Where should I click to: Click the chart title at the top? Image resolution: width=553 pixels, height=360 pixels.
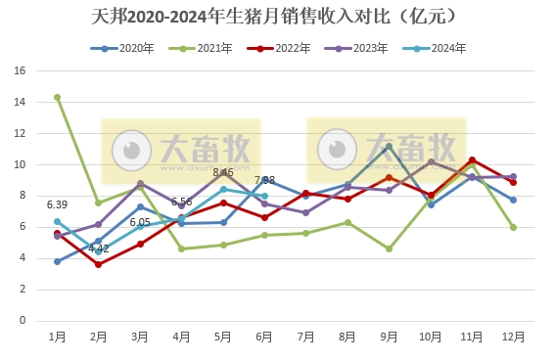click(x=277, y=17)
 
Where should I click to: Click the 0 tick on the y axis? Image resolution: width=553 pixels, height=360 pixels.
click(x=22, y=320)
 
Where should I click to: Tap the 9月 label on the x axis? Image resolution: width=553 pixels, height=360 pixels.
click(x=389, y=336)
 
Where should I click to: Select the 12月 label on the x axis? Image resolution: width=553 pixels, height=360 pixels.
click(x=513, y=336)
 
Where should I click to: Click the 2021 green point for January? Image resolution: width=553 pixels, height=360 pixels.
click(x=58, y=98)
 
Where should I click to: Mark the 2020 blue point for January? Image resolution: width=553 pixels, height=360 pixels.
click(x=58, y=261)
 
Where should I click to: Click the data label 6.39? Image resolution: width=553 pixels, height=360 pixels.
click(x=58, y=204)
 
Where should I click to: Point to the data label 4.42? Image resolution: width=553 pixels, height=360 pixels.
click(x=99, y=248)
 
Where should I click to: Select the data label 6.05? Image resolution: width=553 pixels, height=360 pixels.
click(x=140, y=222)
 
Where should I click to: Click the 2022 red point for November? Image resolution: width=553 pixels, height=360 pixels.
click(x=472, y=160)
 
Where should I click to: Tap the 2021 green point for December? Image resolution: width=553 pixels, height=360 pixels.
click(x=513, y=227)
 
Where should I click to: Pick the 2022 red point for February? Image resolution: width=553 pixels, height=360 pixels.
click(x=99, y=264)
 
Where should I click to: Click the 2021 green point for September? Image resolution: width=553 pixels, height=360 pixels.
click(x=389, y=248)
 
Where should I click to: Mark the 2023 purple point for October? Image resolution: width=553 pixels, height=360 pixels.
click(x=431, y=162)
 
